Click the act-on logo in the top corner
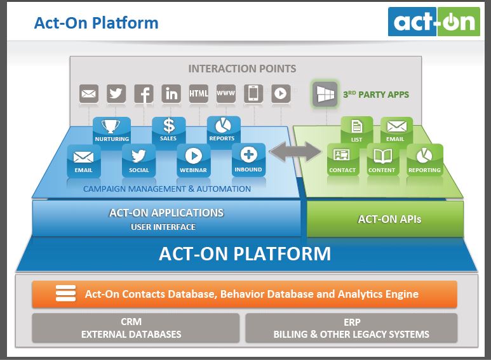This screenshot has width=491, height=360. [x=434, y=22]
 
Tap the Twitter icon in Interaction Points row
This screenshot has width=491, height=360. [x=116, y=94]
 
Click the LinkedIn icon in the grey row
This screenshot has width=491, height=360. [x=171, y=94]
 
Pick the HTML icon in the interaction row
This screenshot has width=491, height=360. [x=199, y=94]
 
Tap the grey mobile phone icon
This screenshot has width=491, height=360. [x=253, y=94]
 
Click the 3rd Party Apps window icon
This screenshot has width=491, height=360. [x=325, y=95]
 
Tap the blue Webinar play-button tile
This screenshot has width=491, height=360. [x=194, y=159]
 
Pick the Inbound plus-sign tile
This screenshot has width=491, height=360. [x=248, y=159]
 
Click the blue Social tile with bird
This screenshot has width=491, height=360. [x=139, y=159]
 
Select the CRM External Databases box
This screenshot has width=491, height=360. [x=131, y=328]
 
